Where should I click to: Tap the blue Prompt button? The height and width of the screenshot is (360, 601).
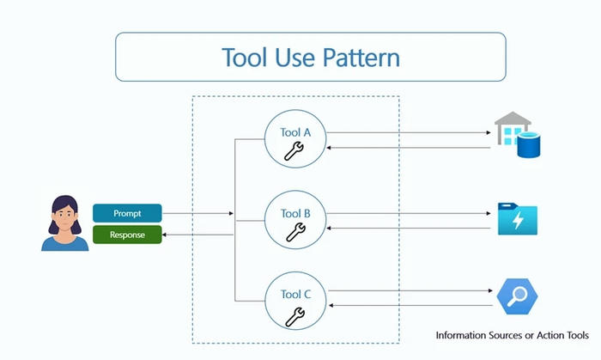click(127, 213)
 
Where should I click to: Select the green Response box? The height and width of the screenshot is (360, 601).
click(127, 235)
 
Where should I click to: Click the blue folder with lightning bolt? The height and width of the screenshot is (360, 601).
click(518, 220)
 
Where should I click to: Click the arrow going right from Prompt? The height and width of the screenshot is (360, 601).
click(197, 213)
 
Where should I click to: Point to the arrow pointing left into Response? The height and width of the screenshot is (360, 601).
click(197, 235)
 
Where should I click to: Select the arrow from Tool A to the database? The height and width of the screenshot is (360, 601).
click(408, 133)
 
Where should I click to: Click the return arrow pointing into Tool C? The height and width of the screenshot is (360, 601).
click(408, 305)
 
